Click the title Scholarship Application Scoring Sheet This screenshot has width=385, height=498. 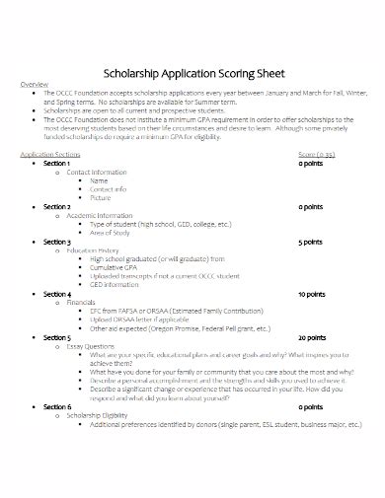pyautogui.click(x=193, y=71)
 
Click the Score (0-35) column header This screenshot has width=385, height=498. pyautogui.click(x=315, y=156)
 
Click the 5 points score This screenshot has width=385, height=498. pyautogui.click(x=311, y=242)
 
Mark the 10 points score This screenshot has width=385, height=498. pyautogui.click(x=312, y=294)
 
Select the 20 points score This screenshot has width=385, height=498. pyautogui.click(x=312, y=337)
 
